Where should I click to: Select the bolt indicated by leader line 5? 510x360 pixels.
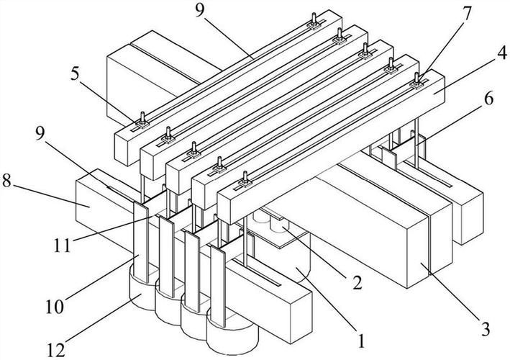point(142,118)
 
